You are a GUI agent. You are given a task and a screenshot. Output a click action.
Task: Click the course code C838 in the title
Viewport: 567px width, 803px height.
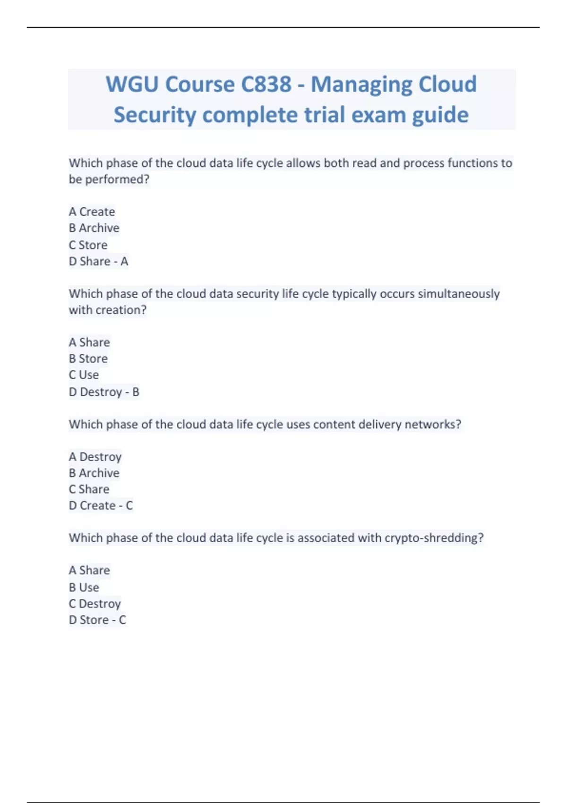[266, 85]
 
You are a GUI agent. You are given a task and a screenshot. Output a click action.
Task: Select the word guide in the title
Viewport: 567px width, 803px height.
[440, 115]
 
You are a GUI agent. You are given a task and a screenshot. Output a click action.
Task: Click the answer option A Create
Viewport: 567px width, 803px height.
[92, 212]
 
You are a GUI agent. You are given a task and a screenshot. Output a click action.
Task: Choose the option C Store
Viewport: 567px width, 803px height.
[88, 245]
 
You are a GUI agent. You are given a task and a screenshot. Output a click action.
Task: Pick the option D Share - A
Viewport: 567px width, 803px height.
[98, 261]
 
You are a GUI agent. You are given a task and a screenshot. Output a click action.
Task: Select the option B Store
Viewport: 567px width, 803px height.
[88, 359]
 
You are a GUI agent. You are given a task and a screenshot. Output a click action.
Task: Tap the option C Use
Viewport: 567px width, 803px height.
[84, 375]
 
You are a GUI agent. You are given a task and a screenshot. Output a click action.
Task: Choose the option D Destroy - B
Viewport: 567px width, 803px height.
[104, 392]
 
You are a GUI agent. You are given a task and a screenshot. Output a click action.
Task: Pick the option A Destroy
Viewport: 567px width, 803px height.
[95, 457]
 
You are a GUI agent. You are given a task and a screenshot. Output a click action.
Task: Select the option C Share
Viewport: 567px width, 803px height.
[89, 489]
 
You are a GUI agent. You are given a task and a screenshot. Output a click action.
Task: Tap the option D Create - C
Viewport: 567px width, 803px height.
[101, 505]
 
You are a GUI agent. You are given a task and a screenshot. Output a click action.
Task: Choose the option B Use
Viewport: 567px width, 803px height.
[84, 587]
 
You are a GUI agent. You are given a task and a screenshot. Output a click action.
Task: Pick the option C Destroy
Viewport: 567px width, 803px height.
[94, 604]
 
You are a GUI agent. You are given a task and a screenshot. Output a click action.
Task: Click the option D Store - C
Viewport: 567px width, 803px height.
[97, 620]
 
